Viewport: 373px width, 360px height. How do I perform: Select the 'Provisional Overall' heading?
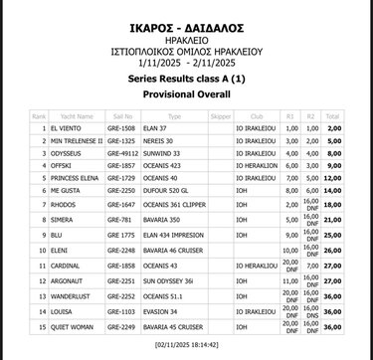tap(186, 92)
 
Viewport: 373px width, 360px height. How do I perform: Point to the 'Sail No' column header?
tap(116, 115)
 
